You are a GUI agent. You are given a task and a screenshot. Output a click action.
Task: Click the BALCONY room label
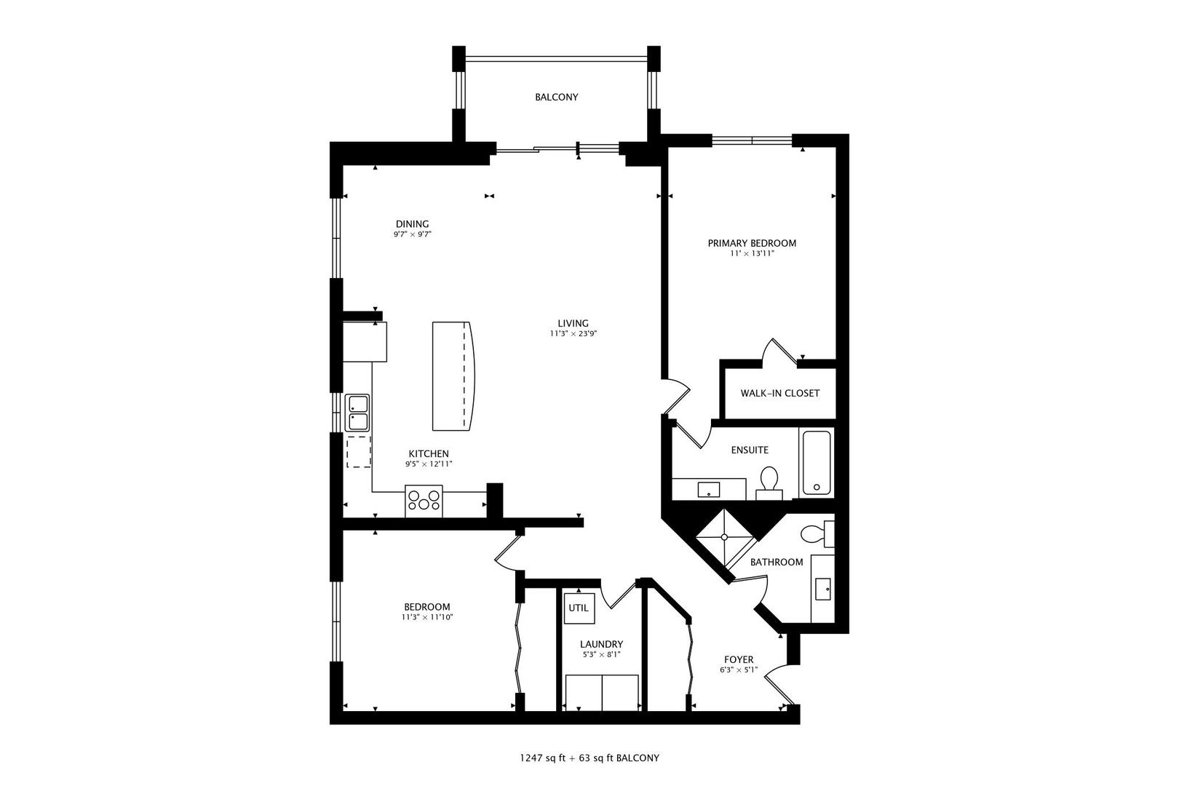556,97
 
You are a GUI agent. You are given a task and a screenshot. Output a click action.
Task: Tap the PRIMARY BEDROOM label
752,243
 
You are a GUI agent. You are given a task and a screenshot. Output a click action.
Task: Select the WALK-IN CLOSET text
779,393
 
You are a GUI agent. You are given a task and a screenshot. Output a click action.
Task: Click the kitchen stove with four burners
424,501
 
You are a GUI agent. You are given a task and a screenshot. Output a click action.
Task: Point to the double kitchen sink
357,413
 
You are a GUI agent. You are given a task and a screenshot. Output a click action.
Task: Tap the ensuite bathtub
816,462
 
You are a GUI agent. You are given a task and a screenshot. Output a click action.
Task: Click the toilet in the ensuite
769,482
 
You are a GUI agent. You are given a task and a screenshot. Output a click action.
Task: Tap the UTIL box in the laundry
579,608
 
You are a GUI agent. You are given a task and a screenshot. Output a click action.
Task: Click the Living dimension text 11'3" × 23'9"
573,334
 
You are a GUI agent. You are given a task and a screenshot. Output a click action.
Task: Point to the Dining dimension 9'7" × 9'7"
412,234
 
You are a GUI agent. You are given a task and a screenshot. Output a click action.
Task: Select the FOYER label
738,660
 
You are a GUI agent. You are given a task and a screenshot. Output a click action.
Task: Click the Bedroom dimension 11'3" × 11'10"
427,617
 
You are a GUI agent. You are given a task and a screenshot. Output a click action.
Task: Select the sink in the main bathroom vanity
823,589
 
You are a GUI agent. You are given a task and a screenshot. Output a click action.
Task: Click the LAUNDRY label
601,644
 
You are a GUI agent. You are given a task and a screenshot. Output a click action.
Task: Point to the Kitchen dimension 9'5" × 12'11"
429,464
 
